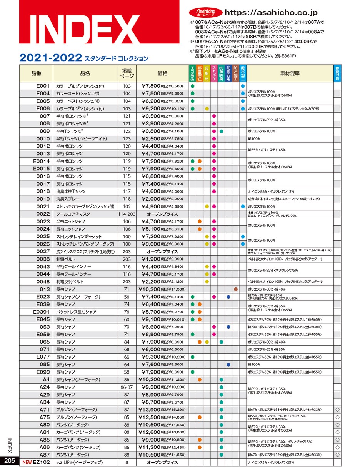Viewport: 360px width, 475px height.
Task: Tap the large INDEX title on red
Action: point(80,30)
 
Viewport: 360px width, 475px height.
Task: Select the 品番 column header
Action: point(36,73)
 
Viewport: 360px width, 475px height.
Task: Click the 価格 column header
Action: point(162,73)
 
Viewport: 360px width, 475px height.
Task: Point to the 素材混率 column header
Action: point(290,73)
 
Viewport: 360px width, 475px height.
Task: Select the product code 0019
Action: point(43,199)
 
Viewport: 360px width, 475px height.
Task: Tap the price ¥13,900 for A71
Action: point(150,410)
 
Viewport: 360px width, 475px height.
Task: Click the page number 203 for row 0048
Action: point(127,282)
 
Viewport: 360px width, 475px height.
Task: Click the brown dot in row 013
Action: point(235,289)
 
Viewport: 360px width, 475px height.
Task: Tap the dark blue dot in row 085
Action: point(228,364)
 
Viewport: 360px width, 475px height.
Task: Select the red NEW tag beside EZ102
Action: point(27,462)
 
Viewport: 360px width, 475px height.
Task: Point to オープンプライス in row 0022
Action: point(162,214)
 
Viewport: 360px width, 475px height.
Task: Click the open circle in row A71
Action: point(337,410)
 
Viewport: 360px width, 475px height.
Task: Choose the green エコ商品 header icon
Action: point(192,73)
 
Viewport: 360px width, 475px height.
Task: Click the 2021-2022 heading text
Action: point(50,58)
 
